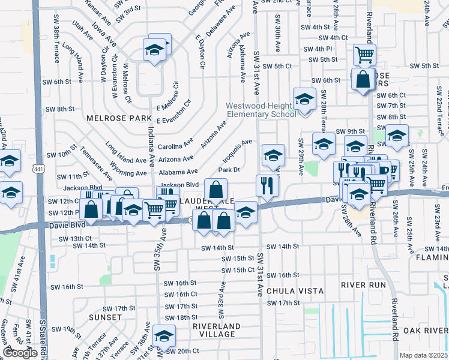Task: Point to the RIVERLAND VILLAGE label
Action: [x=217, y=330]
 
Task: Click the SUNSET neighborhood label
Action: [x=105, y=317]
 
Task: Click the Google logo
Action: [x=20, y=353]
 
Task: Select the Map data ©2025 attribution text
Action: [x=424, y=355]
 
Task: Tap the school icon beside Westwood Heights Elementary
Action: [x=304, y=99]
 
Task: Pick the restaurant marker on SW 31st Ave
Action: [x=267, y=185]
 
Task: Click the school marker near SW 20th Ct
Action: [x=163, y=336]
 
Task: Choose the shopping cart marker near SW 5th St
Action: [x=364, y=55]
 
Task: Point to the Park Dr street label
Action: [x=229, y=170]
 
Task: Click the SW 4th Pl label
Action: [x=318, y=49]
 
